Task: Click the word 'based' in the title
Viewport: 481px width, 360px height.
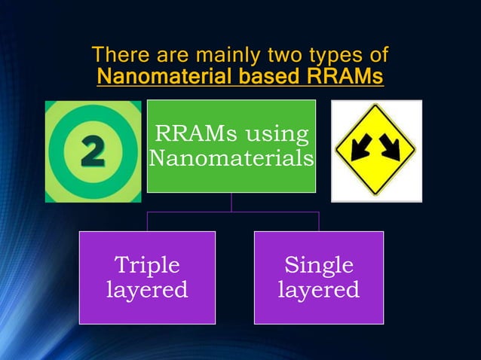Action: [272, 77]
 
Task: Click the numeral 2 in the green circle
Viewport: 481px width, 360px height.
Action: [93, 152]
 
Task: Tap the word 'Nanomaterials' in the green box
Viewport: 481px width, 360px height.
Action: [231, 159]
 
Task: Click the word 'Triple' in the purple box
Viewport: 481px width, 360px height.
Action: [147, 265]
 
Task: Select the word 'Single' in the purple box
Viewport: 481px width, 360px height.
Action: [319, 265]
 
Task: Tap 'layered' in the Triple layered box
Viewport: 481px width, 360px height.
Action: [147, 290]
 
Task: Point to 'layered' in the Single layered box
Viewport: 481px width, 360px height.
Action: [319, 290]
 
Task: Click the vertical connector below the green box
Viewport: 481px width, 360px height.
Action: [231, 202]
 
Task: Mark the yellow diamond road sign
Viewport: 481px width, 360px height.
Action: [375, 151]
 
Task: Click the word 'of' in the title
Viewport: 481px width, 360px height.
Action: [375, 55]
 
